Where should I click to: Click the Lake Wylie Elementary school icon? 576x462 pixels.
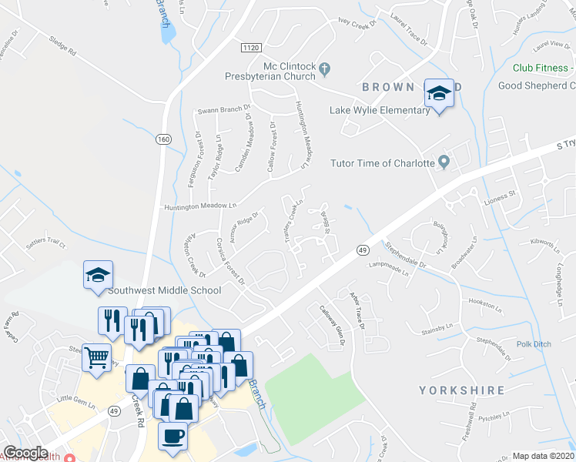click(x=439, y=94)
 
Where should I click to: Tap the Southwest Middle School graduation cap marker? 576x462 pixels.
click(x=99, y=275)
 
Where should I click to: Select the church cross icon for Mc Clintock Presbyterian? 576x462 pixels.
click(x=324, y=69)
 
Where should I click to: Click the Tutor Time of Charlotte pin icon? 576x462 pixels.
click(x=444, y=162)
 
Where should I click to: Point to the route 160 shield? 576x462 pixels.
click(x=162, y=139)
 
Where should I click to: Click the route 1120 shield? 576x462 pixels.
click(x=250, y=48)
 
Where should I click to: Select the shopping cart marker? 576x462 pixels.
click(x=97, y=357)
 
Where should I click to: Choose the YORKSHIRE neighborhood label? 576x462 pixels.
click(x=462, y=390)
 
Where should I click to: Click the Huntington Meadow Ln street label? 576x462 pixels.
click(x=199, y=206)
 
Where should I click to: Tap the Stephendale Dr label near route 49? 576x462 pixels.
click(x=406, y=253)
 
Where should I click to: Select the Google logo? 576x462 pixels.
click(x=25, y=453)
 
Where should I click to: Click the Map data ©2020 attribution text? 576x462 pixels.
click(x=542, y=456)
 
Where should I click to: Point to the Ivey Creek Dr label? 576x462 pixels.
click(x=355, y=24)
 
